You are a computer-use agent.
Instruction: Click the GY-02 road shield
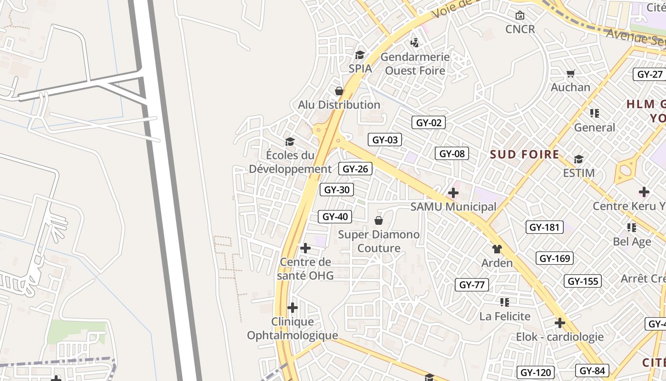[x=429, y=122]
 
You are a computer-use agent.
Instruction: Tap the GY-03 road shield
[x=385, y=140]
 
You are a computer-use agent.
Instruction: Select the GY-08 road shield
[x=452, y=153]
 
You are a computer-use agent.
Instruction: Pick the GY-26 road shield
[x=355, y=169]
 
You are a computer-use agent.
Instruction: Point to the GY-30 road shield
[x=337, y=190]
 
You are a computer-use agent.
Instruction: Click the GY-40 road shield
[x=335, y=217]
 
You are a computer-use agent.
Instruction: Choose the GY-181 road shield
[x=545, y=227]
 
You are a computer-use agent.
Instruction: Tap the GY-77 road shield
[x=472, y=285]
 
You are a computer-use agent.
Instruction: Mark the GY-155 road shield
[x=583, y=281]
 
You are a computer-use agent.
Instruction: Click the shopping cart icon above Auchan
[x=570, y=73]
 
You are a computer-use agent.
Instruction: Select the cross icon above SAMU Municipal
[x=453, y=193]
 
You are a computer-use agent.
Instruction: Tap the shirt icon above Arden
[x=497, y=249]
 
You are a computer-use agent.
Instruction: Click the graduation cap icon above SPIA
[x=360, y=55]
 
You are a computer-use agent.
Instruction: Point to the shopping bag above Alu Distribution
[x=339, y=90]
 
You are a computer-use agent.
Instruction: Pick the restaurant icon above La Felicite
[x=505, y=302]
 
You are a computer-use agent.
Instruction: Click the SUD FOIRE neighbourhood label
[x=525, y=154]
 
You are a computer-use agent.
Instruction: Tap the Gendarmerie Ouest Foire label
[x=415, y=64]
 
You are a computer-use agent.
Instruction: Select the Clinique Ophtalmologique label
[x=292, y=329]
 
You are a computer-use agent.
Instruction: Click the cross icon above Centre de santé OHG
[x=305, y=248]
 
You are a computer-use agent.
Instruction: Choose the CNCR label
[x=520, y=29]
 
